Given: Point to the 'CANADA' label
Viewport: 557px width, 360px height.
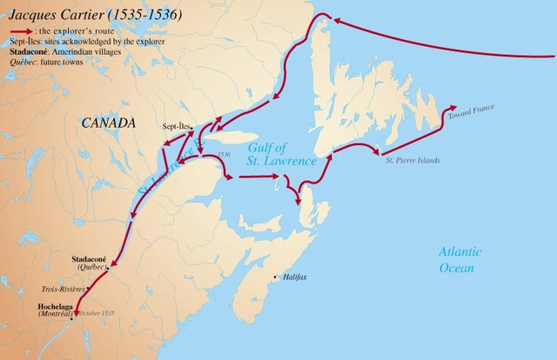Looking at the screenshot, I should coord(109,123).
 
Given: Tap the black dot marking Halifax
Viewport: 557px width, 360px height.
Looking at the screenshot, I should coord(277,277).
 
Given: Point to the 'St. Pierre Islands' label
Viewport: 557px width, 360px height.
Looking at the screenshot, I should coord(411,160).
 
